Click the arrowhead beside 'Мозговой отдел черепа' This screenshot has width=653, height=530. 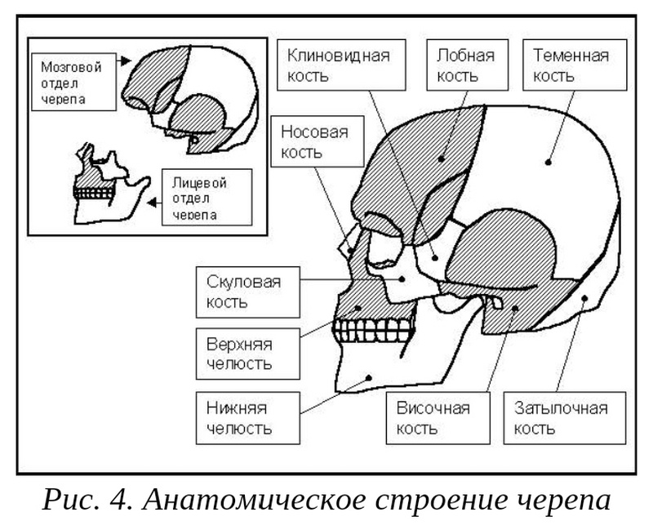pyautogui.click(x=123, y=60)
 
